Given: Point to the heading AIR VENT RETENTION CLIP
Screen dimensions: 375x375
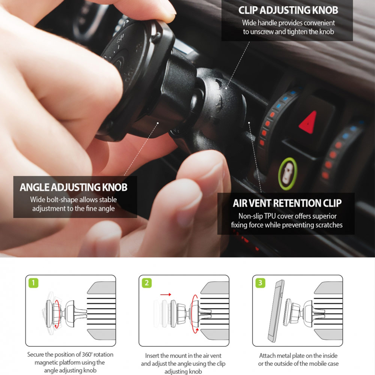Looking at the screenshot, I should [x=287, y=203].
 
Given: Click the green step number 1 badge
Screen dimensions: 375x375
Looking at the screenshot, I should [x=33, y=282].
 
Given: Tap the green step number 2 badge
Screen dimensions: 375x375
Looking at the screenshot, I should [x=147, y=282].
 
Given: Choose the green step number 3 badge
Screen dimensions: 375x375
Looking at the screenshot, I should [x=260, y=282].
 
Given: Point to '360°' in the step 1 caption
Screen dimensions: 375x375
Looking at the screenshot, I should [x=86, y=354].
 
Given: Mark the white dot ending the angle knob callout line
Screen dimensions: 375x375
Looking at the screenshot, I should [x=159, y=122].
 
